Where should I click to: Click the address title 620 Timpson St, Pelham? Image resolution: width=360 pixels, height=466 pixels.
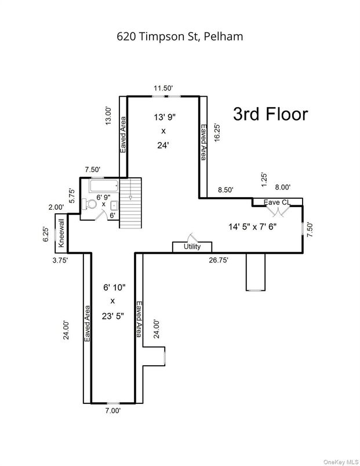[x=180, y=36]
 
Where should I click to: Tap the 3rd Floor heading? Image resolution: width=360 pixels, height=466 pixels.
[x=270, y=114]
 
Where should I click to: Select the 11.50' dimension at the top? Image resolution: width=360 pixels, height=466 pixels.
[x=163, y=88]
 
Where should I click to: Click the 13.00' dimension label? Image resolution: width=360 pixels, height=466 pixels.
[x=108, y=116]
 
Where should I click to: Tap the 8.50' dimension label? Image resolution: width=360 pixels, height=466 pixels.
[x=226, y=190]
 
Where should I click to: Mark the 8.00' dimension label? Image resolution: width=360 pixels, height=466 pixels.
[x=282, y=187]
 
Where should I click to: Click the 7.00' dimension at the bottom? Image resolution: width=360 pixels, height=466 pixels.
[x=112, y=411]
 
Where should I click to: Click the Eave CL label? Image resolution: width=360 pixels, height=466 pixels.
[x=277, y=202]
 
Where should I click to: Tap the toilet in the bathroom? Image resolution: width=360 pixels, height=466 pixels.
[x=89, y=204]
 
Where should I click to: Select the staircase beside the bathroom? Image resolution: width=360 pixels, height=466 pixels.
[x=130, y=203]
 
